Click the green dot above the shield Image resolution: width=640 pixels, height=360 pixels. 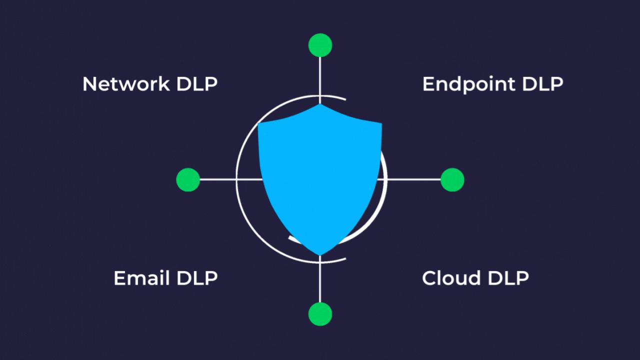(320, 45)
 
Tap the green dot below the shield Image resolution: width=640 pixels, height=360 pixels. (320, 314)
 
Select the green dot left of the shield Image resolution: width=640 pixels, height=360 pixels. (188, 179)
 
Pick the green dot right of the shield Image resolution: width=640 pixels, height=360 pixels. (452, 179)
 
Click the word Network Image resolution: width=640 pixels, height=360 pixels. (126, 83)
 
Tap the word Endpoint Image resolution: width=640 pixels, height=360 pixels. (468, 84)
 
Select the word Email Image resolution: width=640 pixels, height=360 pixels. (142, 277)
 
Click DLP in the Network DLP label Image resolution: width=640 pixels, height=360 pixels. (197, 83)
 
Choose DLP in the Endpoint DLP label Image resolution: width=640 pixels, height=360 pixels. (542, 83)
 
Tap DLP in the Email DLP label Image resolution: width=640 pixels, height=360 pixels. (197, 277)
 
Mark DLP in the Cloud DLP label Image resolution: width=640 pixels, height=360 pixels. (507, 277)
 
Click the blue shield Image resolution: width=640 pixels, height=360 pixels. (320, 175)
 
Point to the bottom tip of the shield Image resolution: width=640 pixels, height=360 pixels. (320, 254)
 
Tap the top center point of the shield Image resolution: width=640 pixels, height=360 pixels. (320, 105)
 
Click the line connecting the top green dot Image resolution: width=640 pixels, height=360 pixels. (320, 75)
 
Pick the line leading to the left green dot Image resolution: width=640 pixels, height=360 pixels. (218, 179)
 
